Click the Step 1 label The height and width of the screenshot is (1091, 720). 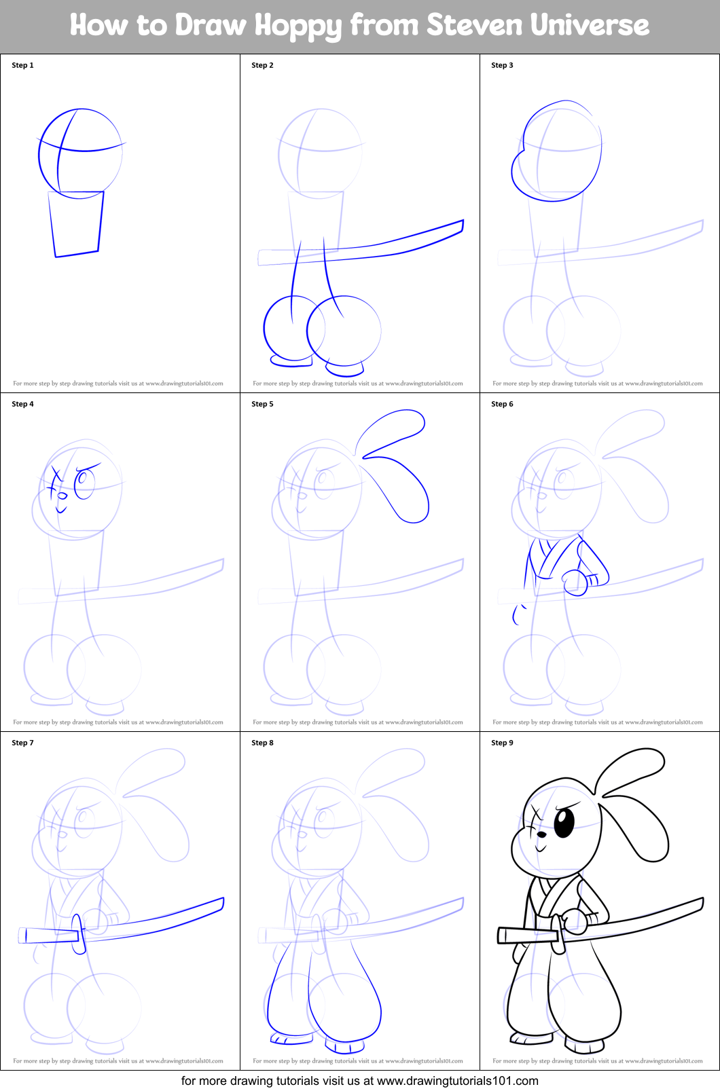point(22,65)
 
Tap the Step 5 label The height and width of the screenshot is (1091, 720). point(262,404)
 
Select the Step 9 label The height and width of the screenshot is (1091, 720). point(502,743)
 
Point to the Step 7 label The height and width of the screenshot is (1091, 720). point(22,743)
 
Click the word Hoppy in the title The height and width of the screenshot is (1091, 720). point(298,26)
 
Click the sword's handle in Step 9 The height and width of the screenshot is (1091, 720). point(526,936)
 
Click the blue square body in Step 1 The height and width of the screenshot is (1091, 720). point(76,223)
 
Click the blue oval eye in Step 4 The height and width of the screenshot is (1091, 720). point(84,483)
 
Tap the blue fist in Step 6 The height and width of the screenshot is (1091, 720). point(575,582)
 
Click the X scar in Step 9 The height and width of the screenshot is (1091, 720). point(535,813)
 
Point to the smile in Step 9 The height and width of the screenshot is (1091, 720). point(541,848)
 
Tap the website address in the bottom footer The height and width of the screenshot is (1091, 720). point(457,1081)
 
